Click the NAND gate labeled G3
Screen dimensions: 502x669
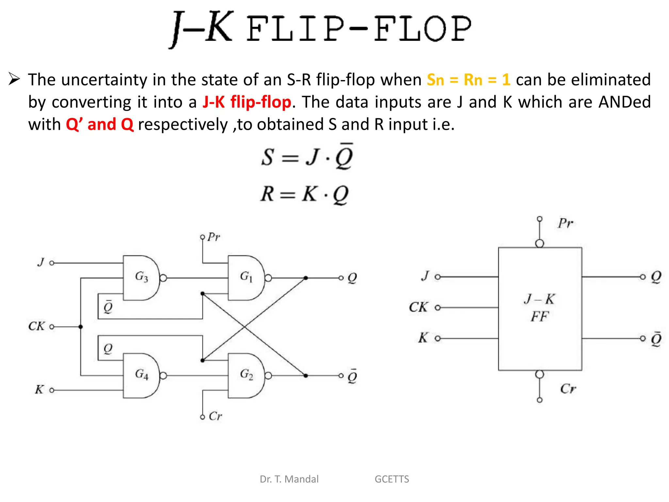click(141, 278)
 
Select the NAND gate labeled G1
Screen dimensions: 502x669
click(246, 278)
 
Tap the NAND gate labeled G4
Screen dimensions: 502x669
click(141, 375)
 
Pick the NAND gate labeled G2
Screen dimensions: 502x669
click(246, 375)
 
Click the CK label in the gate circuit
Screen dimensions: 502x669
click(37, 326)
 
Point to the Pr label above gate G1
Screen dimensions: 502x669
click(214, 237)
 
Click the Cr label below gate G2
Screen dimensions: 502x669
click(215, 416)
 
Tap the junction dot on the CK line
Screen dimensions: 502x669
click(81, 326)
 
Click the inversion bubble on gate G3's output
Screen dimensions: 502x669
click(163, 278)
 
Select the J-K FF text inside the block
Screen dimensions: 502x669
click(540, 308)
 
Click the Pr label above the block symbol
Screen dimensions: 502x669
click(565, 224)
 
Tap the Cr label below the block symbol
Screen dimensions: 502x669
click(568, 389)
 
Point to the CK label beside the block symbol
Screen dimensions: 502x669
click(418, 307)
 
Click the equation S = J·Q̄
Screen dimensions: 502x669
click(307, 157)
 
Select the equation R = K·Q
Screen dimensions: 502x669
click(304, 194)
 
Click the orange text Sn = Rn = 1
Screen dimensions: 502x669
click(468, 80)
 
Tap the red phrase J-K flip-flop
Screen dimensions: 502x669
click(247, 102)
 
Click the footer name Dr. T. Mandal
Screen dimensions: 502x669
click(289, 479)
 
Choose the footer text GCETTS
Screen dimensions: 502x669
click(392, 479)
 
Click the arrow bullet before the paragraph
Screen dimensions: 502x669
click(14, 79)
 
